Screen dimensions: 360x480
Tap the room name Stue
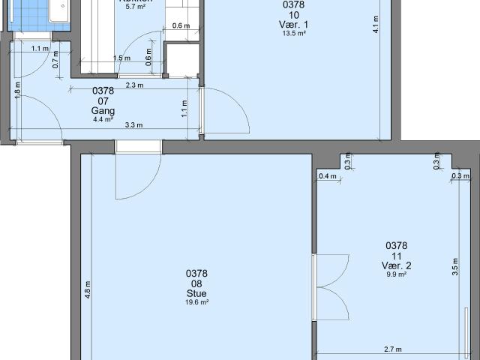[196, 293]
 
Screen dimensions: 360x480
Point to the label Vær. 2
[396, 265]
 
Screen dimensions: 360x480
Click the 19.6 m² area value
[196, 302]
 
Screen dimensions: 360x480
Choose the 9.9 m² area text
[396, 274]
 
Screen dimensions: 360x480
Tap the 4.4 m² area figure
[103, 118]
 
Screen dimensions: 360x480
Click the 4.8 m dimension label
[88, 289]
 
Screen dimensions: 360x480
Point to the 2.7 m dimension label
[391, 349]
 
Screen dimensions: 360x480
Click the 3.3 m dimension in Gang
[135, 125]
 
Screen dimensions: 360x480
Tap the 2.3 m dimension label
[135, 85]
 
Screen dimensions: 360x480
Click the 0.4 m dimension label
[327, 176]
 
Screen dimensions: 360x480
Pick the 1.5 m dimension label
[118, 58]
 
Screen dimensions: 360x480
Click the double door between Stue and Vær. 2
[330, 286]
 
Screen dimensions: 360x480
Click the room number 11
[396, 256]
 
